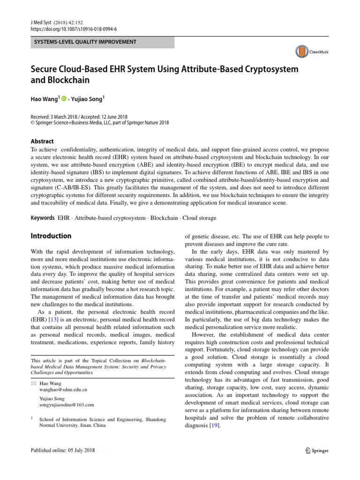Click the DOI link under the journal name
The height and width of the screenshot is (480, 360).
pos(74,29)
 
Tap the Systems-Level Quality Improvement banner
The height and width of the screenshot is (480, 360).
pos(102,42)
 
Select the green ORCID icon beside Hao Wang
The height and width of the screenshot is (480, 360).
pos(64,99)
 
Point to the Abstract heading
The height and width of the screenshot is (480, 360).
pos(42,141)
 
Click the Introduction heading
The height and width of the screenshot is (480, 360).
pos(51,236)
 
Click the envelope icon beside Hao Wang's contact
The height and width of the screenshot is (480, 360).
pos(33,383)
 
